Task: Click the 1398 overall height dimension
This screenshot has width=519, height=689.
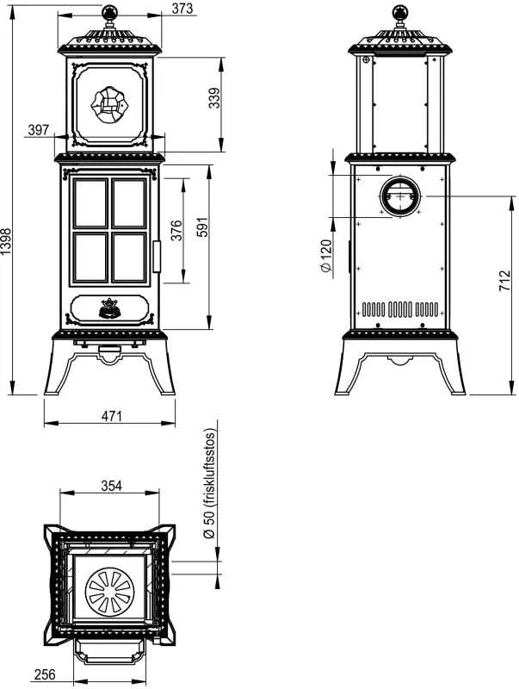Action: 6,241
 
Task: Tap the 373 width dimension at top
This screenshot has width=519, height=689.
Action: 182,8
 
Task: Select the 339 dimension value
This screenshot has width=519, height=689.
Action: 213,99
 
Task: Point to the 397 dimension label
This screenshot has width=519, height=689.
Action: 39,130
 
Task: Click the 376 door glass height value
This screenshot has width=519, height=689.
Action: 176,230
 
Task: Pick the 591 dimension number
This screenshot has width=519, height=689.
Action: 202,227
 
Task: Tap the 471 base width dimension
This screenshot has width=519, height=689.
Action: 111,416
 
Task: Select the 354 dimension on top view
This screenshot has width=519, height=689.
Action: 112,486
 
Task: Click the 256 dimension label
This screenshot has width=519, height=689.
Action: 46,674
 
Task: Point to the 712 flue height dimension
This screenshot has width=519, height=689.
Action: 505,281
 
